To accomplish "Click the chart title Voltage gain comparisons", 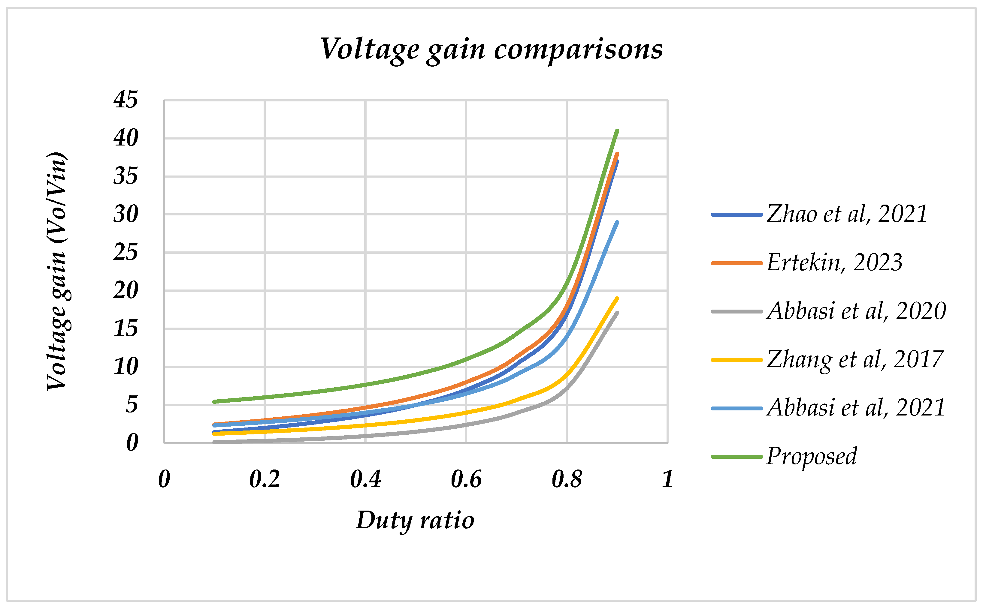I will point(491,49).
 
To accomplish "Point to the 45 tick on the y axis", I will point(126,100).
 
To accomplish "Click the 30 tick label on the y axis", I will point(126,214).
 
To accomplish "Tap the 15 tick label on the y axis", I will point(126,329).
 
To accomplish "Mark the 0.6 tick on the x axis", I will point(466,479).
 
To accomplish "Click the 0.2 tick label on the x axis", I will point(265,479).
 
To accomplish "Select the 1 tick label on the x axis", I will point(667,479).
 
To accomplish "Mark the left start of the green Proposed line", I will point(214,402).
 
